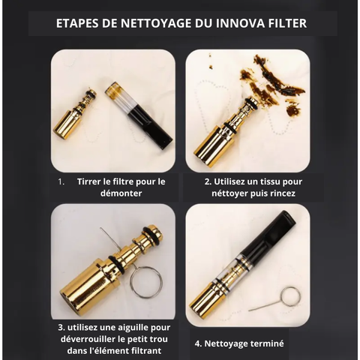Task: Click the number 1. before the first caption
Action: click(x=61, y=181)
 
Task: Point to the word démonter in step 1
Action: click(x=121, y=193)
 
